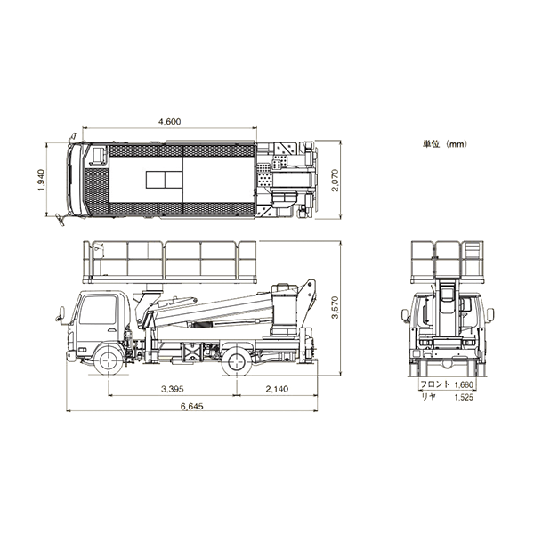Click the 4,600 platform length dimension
click(x=170, y=122)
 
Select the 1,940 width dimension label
click(x=41, y=180)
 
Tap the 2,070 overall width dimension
click(x=336, y=180)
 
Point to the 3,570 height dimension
click(x=336, y=308)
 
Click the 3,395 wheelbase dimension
click(x=173, y=389)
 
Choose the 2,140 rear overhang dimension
click(x=277, y=389)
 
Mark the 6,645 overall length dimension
click(x=192, y=406)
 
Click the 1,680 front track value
click(x=464, y=384)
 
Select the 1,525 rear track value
click(x=464, y=397)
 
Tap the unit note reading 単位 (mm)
click(x=445, y=144)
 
